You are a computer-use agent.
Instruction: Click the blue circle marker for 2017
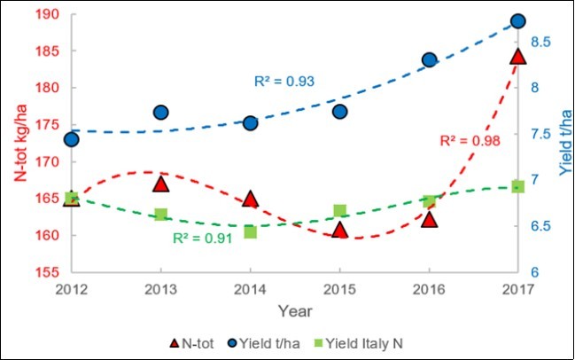pos(518,21)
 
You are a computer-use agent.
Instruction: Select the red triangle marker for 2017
pos(518,57)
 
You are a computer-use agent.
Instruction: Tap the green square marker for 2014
pos(251,231)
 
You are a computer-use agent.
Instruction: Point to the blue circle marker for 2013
pos(161,112)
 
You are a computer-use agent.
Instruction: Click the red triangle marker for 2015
pos(339,230)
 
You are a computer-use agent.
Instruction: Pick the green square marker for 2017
pos(518,187)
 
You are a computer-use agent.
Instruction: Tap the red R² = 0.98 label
pos(470,140)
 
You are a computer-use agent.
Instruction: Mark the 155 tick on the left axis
pos(49,272)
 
